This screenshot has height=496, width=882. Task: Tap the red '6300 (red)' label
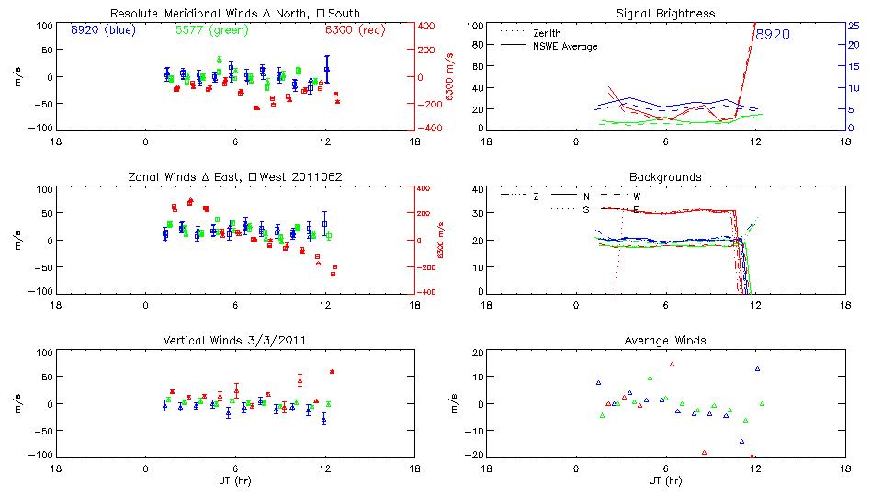[354, 29]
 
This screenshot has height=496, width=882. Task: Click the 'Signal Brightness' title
[665, 14]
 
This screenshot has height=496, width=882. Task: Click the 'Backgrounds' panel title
[665, 176]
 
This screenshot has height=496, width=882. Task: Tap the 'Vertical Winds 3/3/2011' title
[234, 340]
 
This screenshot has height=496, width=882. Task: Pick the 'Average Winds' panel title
[665, 340]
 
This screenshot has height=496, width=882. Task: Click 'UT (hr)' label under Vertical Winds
[234, 480]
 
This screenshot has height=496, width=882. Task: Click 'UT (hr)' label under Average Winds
[665, 480]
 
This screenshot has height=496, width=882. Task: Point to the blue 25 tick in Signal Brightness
[853, 26]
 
